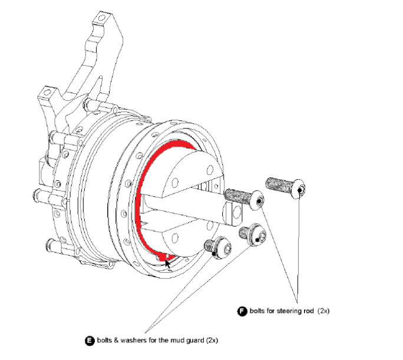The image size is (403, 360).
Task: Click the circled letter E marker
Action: click(x=90, y=341)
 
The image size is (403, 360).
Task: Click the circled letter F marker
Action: click(x=242, y=311)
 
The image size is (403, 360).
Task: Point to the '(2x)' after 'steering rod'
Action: click(x=323, y=311)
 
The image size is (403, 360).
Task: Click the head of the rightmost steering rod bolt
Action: click(x=299, y=188)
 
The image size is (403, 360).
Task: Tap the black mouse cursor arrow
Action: click(x=168, y=262)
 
